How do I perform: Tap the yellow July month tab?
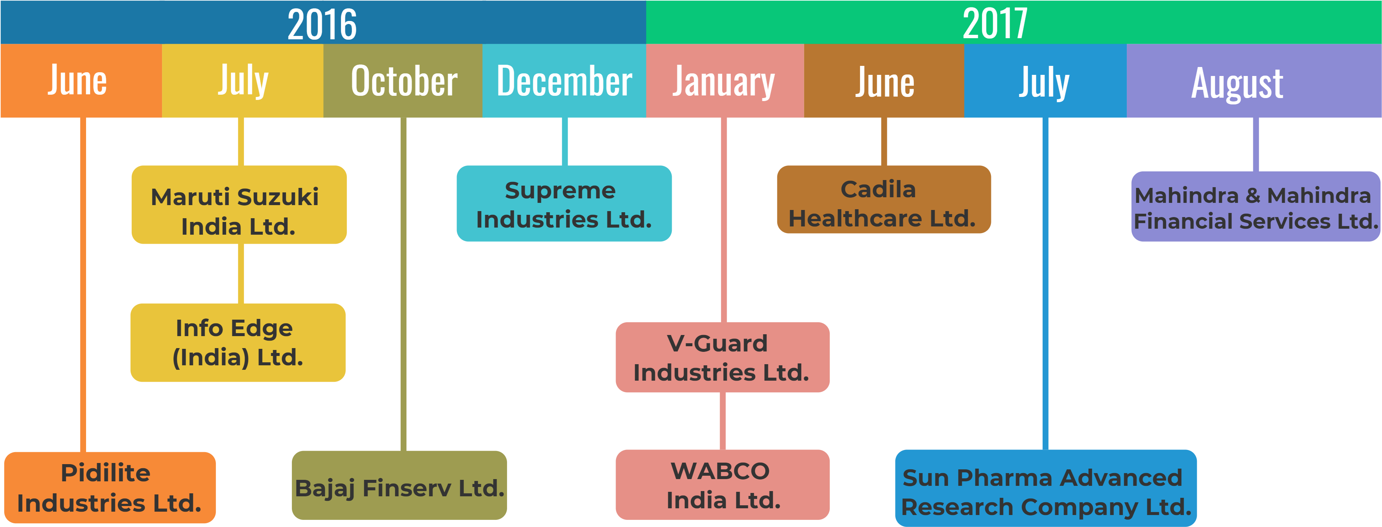pyautogui.click(x=242, y=80)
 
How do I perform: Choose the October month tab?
pyautogui.click(x=403, y=80)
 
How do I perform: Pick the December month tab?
pyautogui.click(x=564, y=80)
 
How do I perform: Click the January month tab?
pyautogui.click(x=724, y=80)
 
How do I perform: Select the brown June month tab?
pyautogui.click(x=884, y=80)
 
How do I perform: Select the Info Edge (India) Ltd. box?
pyautogui.click(x=238, y=342)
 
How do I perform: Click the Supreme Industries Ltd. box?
pyautogui.click(x=564, y=204)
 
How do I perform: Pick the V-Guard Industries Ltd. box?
pyautogui.click(x=722, y=357)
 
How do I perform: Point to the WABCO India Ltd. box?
pyautogui.click(x=722, y=485)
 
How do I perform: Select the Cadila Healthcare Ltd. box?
pyautogui.click(x=884, y=199)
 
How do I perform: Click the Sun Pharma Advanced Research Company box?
pyautogui.click(x=1046, y=488)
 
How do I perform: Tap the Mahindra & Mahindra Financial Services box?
pyautogui.click(x=1256, y=207)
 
